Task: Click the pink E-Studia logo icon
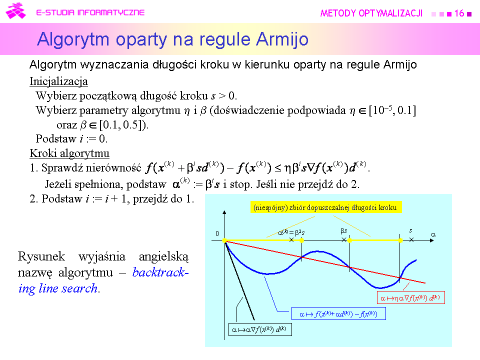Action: click(15, 11)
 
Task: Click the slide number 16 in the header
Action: click(459, 13)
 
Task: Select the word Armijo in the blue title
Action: click(282, 40)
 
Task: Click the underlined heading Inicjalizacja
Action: click(59, 81)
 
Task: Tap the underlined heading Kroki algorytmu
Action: click(69, 153)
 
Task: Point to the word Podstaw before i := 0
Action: click(56, 138)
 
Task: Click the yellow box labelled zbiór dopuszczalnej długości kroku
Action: click(326, 207)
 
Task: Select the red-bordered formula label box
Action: click(410, 297)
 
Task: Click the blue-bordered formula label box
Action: click(338, 314)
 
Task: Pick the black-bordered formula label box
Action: click(260, 329)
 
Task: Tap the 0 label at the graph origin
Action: click(217, 233)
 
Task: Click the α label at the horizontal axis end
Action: click(433, 234)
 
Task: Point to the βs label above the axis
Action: click(344, 231)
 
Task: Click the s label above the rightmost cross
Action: click(411, 230)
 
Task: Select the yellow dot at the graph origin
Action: click(224, 240)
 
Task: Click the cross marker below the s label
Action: click(411, 240)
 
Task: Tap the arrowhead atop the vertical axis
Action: click(224, 212)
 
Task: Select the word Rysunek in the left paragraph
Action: click(41, 256)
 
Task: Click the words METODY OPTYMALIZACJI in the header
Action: click(371, 13)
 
